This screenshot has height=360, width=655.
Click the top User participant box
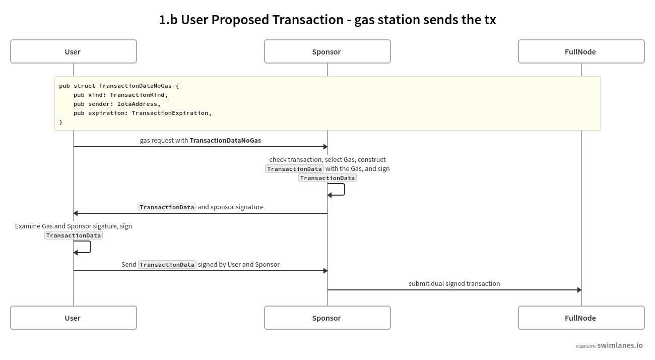(x=73, y=51)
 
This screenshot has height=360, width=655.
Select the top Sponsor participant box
(x=327, y=51)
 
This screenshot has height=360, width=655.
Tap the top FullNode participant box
(x=581, y=51)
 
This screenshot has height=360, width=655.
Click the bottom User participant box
(x=73, y=318)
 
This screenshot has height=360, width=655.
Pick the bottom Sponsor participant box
(x=327, y=318)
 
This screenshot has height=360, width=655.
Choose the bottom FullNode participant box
(x=581, y=318)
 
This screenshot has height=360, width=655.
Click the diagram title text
(x=327, y=20)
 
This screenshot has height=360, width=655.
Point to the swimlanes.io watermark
(x=619, y=345)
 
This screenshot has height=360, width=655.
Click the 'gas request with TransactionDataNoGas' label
(x=200, y=140)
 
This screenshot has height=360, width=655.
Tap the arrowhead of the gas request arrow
(x=325, y=147)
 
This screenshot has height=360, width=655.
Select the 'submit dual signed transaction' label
(x=454, y=283)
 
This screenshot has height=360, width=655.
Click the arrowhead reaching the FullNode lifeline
(x=579, y=290)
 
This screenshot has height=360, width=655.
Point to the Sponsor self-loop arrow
(x=344, y=190)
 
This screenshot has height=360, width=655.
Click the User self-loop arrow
(x=90, y=247)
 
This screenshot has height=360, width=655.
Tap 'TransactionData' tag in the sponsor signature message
(x=167, y=207)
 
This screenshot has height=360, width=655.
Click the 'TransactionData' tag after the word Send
(x=167, y=265)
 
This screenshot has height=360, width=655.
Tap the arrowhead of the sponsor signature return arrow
(x=76, y=213)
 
